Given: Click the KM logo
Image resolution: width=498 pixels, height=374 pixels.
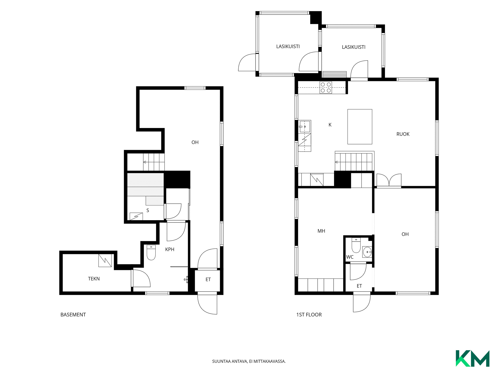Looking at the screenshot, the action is tap(472, 358).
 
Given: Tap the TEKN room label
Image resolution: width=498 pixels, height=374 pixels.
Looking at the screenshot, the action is tap(94, 279).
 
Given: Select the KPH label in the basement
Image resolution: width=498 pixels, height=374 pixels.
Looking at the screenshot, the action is tap(170, 249).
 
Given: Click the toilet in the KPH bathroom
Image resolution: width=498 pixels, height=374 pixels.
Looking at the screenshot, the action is tap(151, 252).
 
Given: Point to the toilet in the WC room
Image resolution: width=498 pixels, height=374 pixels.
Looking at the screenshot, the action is tap(356, 245).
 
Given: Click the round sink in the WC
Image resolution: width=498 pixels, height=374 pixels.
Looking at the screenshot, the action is tap(367, 252).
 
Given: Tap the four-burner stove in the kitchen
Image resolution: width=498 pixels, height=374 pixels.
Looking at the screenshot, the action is tap(326, 88).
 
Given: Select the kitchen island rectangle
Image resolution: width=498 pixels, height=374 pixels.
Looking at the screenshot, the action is tap(360, 127).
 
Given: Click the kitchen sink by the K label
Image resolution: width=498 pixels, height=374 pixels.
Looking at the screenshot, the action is tap(305, 127).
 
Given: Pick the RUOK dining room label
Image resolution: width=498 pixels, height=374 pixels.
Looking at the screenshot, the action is tap(403, 134).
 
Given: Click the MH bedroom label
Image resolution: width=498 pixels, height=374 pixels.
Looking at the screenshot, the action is tap(321, 231).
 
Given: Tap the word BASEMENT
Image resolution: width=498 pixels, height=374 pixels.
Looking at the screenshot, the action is tap(73, 315).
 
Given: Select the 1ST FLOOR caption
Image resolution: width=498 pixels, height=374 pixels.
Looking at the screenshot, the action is tap(309, 315).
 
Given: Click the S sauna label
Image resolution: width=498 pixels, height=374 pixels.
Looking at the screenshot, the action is tap(148, 210).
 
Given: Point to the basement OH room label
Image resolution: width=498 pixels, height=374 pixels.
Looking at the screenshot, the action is tap(195, 142).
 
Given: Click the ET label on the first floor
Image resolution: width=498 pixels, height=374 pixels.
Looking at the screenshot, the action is tap(359, 286).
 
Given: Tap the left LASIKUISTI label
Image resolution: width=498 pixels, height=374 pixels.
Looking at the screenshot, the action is tap(288, 46).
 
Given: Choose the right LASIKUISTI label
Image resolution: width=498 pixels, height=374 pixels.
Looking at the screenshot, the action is tap(354, 47).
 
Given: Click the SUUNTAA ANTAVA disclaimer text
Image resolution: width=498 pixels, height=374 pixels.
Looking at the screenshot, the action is tap(249, 361).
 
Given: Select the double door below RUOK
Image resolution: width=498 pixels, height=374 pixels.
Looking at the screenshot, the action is tap(389, 180).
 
